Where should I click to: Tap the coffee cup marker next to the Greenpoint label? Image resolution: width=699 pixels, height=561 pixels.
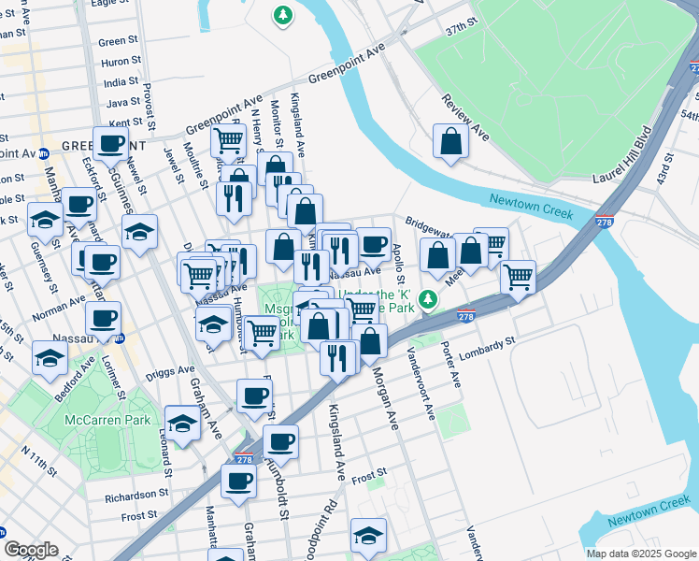(x=110, y=144)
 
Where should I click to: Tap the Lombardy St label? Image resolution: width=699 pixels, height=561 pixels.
(x=485, y=344)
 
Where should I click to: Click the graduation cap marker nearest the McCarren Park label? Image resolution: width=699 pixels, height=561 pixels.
(x=182, y=423)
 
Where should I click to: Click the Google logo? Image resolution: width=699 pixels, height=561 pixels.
(x=31, y=549)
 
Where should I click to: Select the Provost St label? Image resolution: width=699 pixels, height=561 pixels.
(x=149, y=104)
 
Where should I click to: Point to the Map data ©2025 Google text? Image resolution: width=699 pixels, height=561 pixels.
(x=640, y=554)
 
